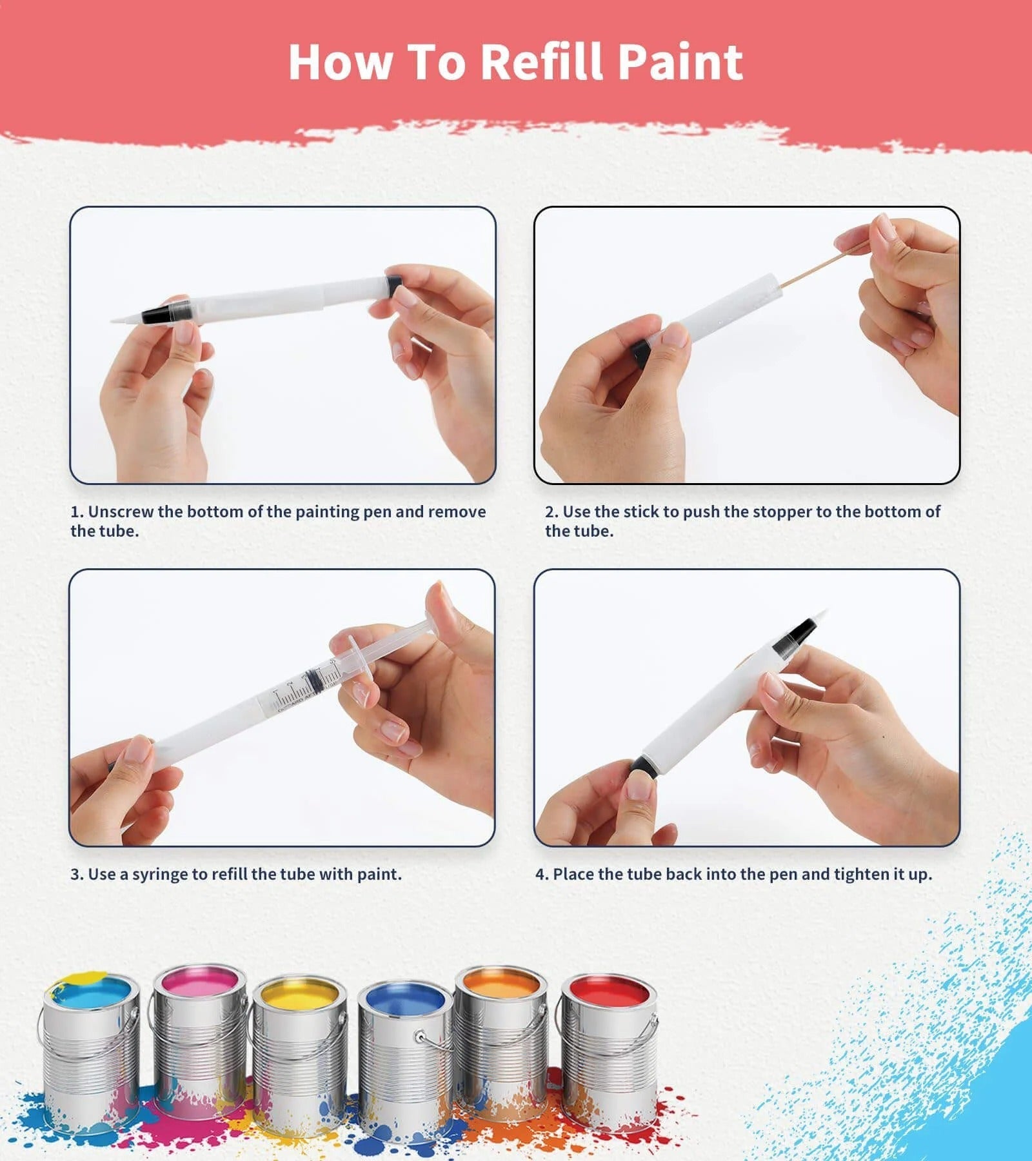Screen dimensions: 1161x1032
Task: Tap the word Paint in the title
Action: tap(680, 62)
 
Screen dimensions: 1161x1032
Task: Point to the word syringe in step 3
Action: tap(159, 874)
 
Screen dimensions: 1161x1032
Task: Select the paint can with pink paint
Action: tap(200, 1032)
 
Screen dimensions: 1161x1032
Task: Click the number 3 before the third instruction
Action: tap(75, 874)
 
